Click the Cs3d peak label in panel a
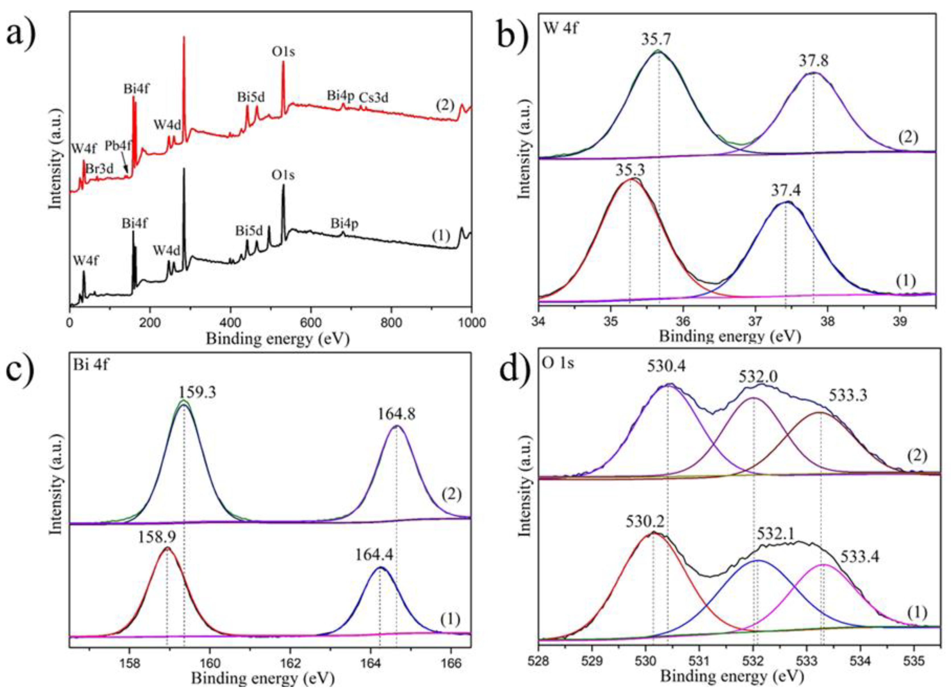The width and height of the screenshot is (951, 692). (x=374, y=97)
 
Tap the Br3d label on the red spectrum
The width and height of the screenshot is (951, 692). (x=99, y=169)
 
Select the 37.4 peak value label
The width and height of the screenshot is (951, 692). (x=786, y=191)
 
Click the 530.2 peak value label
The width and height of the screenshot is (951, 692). (x=646, y=533)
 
